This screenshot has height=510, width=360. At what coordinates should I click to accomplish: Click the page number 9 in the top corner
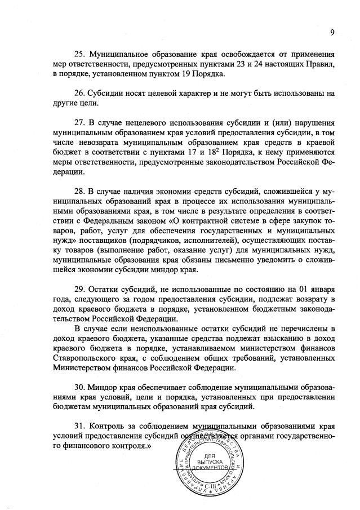(x=333, y=32)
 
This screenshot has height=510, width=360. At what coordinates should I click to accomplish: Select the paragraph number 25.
(x=80, y=55)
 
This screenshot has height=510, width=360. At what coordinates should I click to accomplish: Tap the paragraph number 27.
(x=80, y=123)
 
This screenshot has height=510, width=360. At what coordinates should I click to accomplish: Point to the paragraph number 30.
(x=80, y=388)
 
